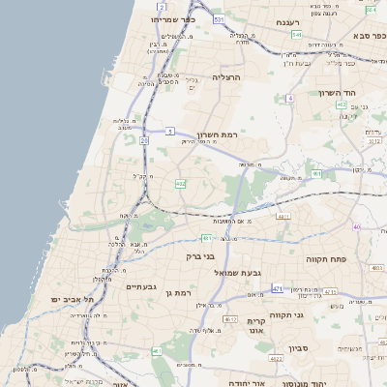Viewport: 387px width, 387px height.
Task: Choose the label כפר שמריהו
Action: point(173,18)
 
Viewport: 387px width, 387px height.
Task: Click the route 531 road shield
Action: point(220,19)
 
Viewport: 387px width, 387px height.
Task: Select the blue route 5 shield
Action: point(169,131)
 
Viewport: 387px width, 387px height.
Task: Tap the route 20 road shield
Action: point(144,141)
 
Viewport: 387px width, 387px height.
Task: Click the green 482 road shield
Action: point(180,183)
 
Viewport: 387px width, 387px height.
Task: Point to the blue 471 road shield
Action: point(278,288)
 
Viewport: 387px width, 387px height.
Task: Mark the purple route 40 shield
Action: point(356,226)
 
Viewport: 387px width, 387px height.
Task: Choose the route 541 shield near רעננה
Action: point(296,35)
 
